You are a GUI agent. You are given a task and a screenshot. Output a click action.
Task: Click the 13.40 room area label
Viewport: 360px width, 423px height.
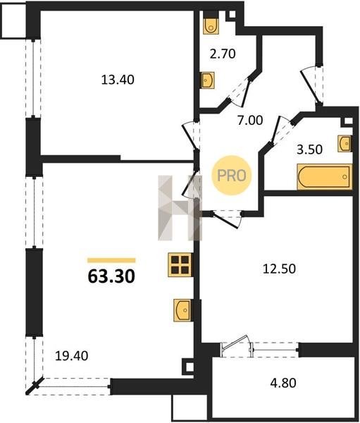[x=118, y=80]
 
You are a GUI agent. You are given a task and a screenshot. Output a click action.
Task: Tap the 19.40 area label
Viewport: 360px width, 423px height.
[x=71, y=356]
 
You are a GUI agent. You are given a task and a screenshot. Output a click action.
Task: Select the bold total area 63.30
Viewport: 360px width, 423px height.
[x=111, y=276]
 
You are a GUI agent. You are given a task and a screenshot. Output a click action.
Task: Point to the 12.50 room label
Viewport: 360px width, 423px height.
[x=279, y=269]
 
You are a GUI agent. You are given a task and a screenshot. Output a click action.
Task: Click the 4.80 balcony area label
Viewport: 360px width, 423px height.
[x=283, y=383]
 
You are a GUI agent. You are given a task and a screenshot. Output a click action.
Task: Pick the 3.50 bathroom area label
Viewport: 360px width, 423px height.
[x=309, y=149]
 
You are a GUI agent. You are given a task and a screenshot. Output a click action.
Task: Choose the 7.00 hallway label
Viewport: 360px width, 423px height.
[x=250, y=121]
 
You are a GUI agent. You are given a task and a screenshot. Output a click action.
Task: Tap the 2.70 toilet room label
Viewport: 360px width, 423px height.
[x=223, y=54]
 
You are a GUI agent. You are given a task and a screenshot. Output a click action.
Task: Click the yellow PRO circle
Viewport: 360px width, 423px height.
[x=232, y=176]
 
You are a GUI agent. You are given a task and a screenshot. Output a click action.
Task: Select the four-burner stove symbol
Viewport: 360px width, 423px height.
[x=180, y=264]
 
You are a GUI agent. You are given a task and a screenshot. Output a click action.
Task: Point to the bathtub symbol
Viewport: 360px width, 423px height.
[x=325, y=177]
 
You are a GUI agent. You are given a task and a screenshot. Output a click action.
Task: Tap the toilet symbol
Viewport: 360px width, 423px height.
[x=211, y=25]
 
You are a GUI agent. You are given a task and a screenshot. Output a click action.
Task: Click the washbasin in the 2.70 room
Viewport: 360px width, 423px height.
[x=208, y=80]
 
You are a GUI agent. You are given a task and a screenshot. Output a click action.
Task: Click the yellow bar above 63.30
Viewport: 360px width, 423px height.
[x=111, y=260]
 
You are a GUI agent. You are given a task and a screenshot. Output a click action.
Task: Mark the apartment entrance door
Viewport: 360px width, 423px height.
[x=312, y=85]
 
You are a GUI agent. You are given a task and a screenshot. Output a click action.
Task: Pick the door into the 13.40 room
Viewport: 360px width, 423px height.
[x=191, y=135]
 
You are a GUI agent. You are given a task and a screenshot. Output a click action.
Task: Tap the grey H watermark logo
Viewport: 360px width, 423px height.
[x=180, y=208]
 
